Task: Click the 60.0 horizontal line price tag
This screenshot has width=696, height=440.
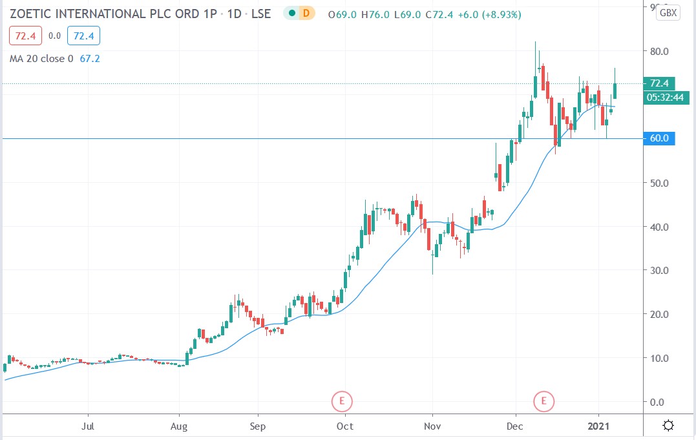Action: (x=659, y=138)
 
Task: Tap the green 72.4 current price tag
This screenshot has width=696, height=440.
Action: (x=659, y=83)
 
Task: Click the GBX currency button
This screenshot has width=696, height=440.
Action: (x=668, y=13)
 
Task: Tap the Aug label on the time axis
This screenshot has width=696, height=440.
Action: (x=179, y=426)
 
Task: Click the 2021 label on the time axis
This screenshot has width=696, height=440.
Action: (x=599, y=426)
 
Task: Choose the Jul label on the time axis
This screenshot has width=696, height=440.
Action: (x=88, y=426)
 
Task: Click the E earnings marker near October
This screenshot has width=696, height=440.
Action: (x=341, y=401)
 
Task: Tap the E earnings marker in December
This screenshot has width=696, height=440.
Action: (x=544, y=401)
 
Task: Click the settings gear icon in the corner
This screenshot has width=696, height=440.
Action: (x=668, y=425)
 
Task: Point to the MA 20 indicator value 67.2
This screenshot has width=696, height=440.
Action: (x=89, y=59)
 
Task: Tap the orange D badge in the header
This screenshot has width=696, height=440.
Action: (x=306, y=14)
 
